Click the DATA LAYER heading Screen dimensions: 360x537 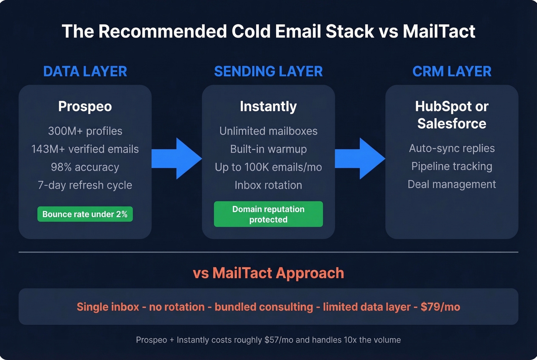click(85, 71)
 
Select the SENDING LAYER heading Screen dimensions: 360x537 click(268, 71)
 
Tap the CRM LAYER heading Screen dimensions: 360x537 click(451, 71)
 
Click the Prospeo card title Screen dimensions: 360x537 click(85, 106)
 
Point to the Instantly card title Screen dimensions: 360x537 click(268, 106)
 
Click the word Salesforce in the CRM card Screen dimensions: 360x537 click(451, 123)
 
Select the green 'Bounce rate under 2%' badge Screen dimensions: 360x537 click(85, 214)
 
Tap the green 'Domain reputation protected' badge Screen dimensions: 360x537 click(268, 214)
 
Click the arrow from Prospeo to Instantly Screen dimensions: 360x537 click(177, 158)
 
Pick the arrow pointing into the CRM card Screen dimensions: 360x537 click(360, 158)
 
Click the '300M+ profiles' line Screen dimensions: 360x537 click(85, 131)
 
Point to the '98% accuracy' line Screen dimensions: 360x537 click(85, 167)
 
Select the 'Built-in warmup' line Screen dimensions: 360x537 click(268, 149)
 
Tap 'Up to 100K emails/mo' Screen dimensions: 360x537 click(268, 167)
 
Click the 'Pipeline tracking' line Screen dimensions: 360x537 click(451, 166)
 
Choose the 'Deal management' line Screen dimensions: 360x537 click(451, 184)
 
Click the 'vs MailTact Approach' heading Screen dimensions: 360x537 click(268, 273)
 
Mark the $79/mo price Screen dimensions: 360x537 click(440, 307)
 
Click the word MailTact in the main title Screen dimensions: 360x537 click(439, 31)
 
